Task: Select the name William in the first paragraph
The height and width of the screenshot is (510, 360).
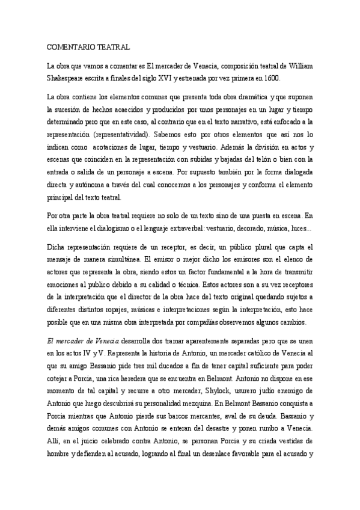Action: point(298,66)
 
